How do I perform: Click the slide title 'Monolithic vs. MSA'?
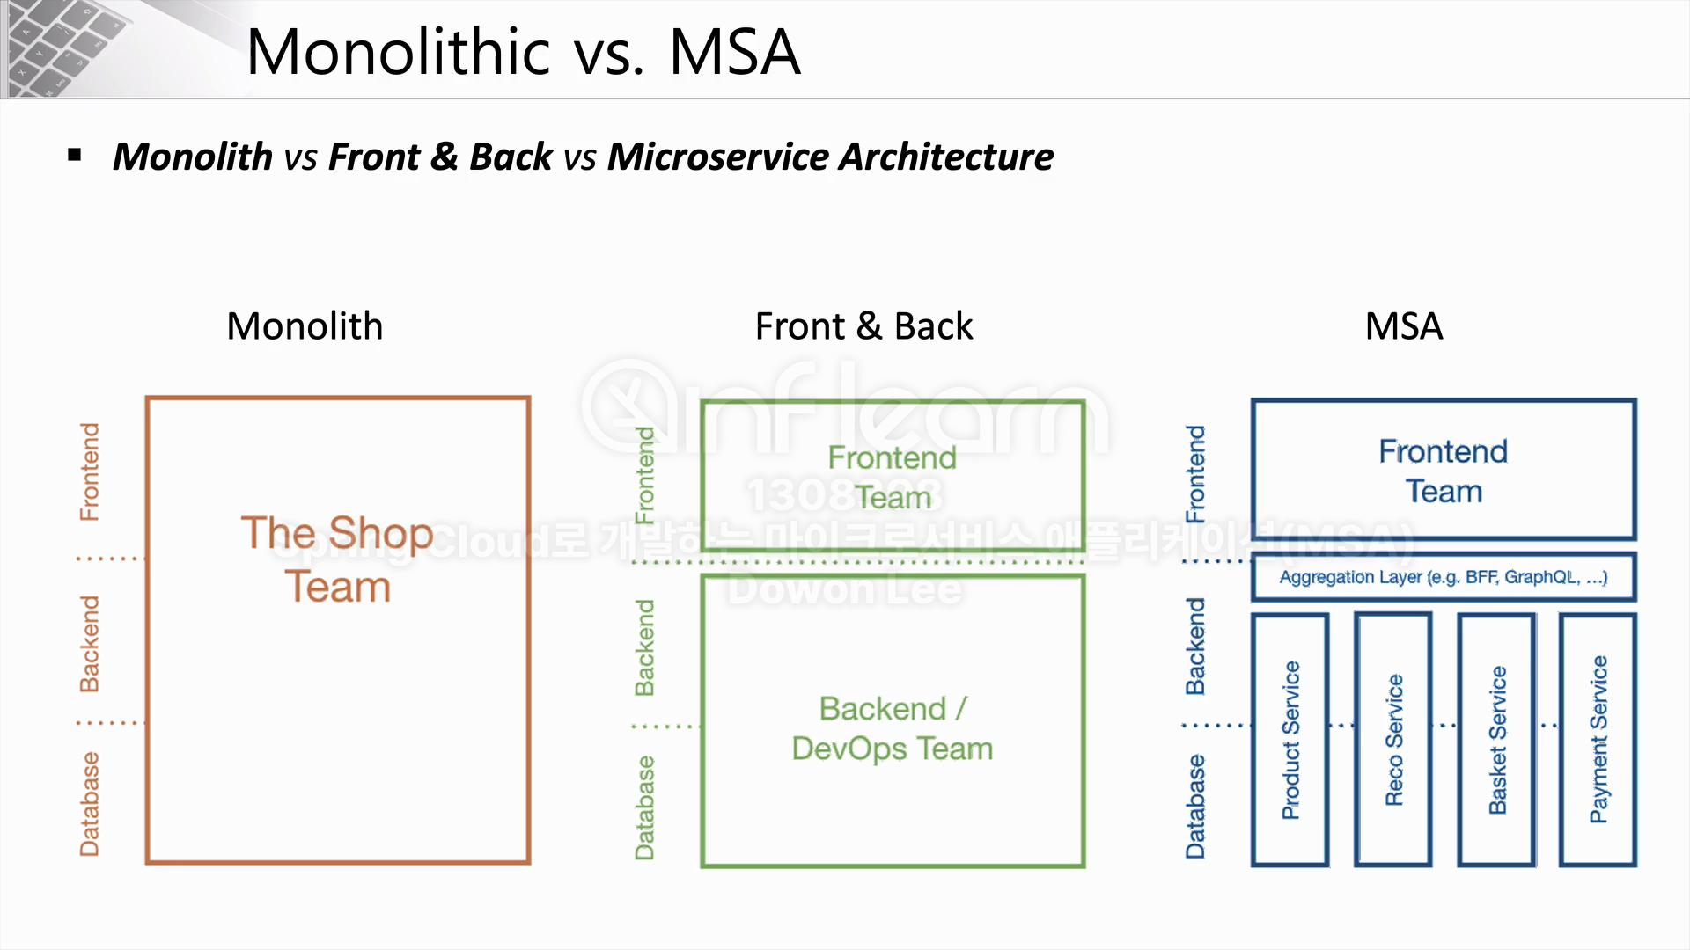[523, 53]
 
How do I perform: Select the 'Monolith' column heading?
[305, 326]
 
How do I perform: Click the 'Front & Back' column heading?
[863, 326]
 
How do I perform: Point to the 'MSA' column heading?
[1403, 326]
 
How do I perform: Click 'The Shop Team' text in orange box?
[337, 559]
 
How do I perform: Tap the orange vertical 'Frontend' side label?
[90, 471]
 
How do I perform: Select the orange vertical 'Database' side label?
[90, 804]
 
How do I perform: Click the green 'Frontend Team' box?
[893, 477]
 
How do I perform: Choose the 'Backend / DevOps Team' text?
[893, 728]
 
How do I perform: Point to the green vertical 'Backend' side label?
[645, 647]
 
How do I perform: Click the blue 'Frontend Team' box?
[1444, 471]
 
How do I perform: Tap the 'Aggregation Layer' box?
[1444, 577]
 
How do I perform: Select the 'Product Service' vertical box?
[1290, 740]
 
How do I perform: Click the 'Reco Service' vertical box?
[1394, 740]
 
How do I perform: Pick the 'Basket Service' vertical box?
[1497, 740]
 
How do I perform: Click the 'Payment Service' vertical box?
[1598, 740]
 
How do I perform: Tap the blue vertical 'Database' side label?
[1195, 806]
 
